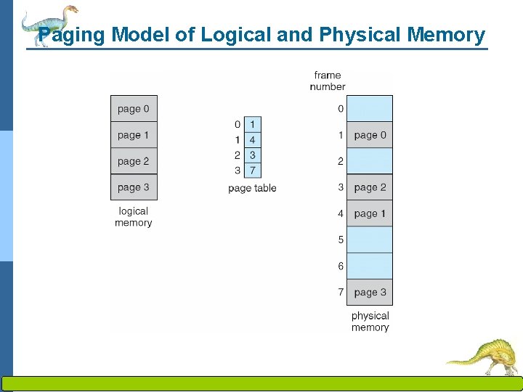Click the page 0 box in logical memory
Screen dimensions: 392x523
[134, 109]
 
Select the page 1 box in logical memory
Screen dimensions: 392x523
[134, 135]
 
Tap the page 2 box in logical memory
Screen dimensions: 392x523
[134, 161]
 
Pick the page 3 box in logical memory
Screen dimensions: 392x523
[134, 187]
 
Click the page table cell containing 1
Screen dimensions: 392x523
[252, 125]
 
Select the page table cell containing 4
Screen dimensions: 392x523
[252, 139]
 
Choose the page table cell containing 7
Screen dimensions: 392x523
[252, 170]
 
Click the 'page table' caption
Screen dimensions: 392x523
[252, 188]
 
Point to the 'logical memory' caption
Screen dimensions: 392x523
[134, 217]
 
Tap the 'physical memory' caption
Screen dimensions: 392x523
[370, 322]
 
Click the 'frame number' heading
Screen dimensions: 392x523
[328, 81]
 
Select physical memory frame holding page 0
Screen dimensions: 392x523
[370, 135]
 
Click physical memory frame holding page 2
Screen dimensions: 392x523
[370, 187]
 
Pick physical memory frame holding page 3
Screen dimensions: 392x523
[370, 293]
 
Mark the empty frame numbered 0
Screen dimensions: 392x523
[370, 109]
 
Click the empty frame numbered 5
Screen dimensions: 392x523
[370, 240]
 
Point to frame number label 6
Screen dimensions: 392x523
[340, 266]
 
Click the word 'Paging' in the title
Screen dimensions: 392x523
[72, 34]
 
